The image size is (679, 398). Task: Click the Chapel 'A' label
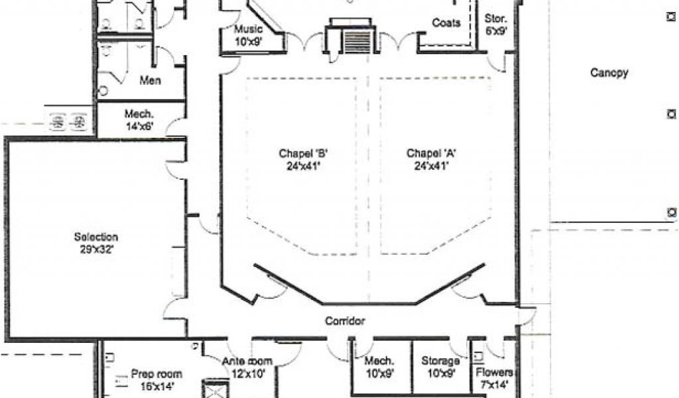click(x=431, y=159)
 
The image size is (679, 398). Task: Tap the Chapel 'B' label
click(x=303, y=159)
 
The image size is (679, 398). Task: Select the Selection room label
click(x=96, y=243)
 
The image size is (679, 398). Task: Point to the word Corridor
click(x=345, y=321)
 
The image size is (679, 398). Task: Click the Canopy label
click(x=609, y=73)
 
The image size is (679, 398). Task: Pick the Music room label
click(x=249, y=36)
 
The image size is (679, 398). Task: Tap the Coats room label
click(x=446, y=23)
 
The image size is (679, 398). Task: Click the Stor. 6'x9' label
click(x=496, y=25)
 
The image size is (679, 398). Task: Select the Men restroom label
click(x=151, y=80)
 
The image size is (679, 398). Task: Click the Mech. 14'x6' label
click(x=139, y=120)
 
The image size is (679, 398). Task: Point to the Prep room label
click(x=156, y=380)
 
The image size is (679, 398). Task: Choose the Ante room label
click(x=247, y=367)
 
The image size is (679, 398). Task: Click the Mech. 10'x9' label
click(x=380, y=367)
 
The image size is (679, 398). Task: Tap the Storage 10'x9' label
click(x=440, y=367)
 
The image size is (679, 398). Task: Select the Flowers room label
click(x=494, y=378)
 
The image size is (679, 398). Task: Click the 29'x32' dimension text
click(x=97, y=249)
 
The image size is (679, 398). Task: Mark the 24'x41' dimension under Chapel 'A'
click(x=431, y=165)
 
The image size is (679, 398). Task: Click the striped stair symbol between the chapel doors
click(x=357, y=42)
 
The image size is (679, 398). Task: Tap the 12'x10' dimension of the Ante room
click(x=248, y=373)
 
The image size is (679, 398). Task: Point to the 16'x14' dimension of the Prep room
click(x=156, y=386)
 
